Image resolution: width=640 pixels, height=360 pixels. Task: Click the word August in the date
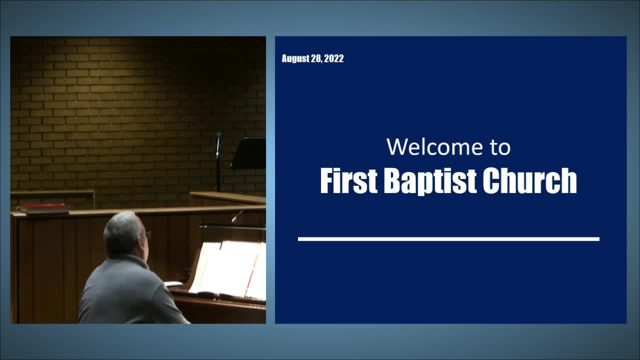coord(295,58)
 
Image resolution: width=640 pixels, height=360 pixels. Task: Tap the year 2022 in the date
coord(333,58)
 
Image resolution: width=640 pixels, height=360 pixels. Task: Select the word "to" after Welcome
coord(500,147)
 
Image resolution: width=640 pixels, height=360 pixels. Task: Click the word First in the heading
coord(349,180)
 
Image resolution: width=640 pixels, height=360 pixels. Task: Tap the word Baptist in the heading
coord(430,181)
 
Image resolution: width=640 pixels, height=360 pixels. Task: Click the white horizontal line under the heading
coord(448,239)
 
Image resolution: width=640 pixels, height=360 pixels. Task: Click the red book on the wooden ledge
coord(44,208)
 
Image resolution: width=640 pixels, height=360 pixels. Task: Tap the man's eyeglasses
coord(147,235)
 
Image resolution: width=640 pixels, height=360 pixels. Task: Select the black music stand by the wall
coord(249,153)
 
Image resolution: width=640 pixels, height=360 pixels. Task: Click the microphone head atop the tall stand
coord(219,135)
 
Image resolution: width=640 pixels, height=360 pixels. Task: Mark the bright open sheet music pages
coord(228,270)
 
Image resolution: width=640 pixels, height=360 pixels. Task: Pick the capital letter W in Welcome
coord(398,147)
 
